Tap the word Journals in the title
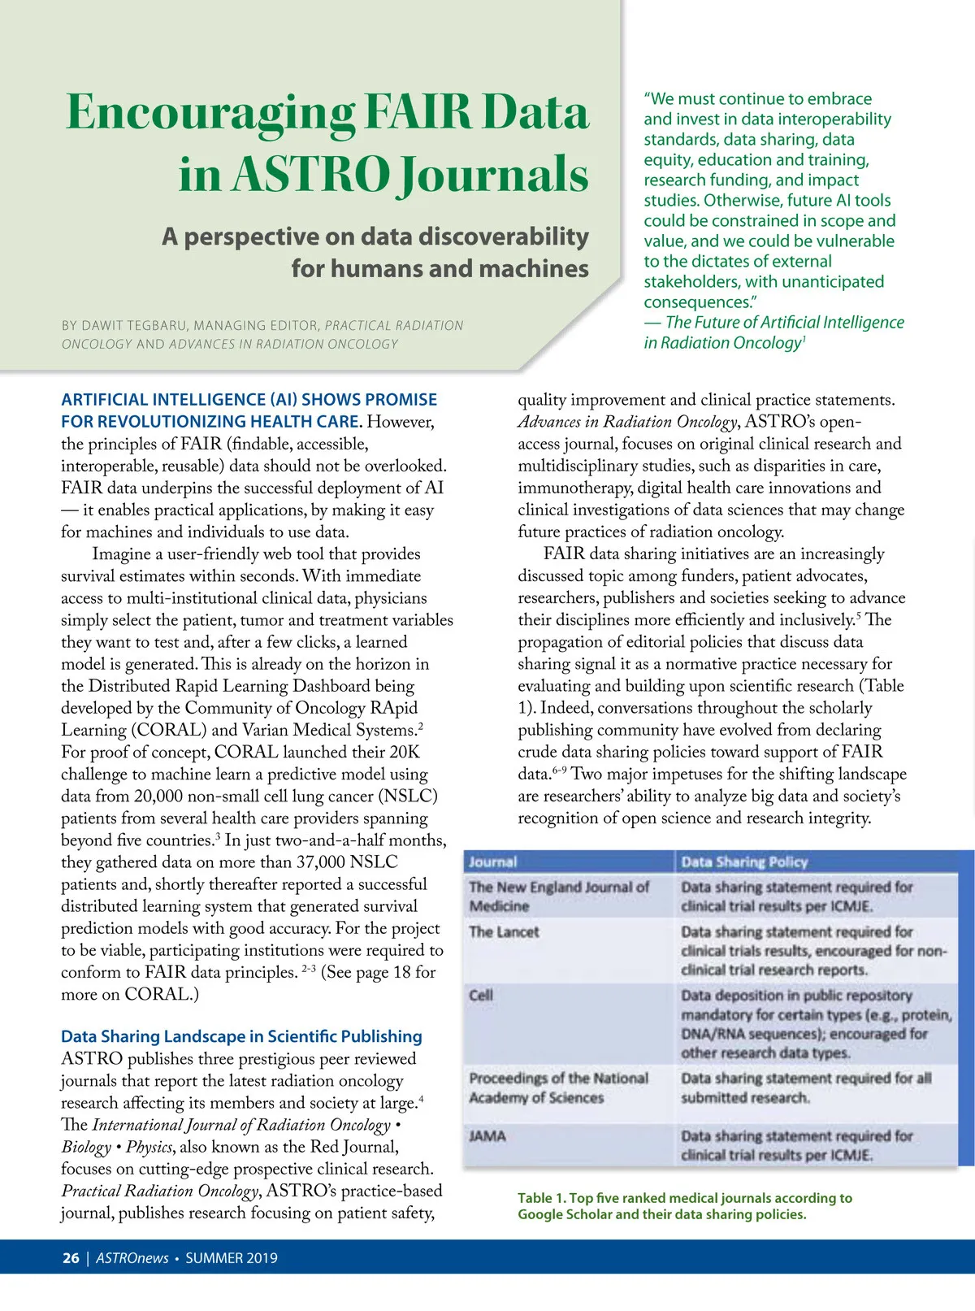(x=494, y=175)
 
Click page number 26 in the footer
(x=71, y=1258)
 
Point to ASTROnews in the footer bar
(x=132, y=1258)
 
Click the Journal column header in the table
(x=492, y=862)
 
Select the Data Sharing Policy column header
(x=744, y=862)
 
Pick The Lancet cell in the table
(x=504, y=932)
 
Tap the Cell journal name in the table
(x=481, y=995)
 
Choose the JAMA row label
(x=487, y=1135)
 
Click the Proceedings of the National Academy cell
(x=558, y=1087)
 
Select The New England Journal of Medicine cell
(x=558, y=896)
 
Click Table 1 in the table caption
(x=541, y=1198)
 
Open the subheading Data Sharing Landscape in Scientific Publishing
(x=241, y=1036)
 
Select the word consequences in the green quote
(x=698, y=302)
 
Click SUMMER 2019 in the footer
(x=232, y=1258)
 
